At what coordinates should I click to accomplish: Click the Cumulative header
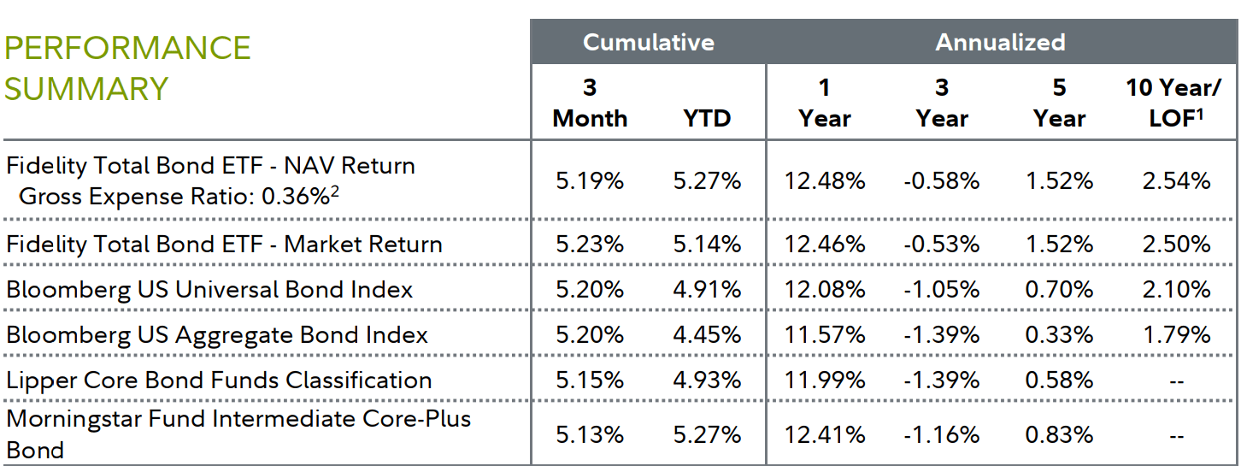[x=648, y=43]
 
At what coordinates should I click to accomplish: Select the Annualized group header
[x=1000, y=43]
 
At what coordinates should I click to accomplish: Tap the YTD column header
[x=707, y=118]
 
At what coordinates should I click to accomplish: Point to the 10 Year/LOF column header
[x=1175, y=103]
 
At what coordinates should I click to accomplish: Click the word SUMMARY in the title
[x=86, y=89]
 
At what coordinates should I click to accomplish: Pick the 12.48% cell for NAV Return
[x=825, y=181]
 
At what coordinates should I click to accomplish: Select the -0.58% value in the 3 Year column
[x=941, y=181]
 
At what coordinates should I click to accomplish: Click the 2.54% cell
[x=1176, y=181]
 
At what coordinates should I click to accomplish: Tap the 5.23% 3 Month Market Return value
[x=590, y=245]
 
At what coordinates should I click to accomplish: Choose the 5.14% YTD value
[x=707, y=245]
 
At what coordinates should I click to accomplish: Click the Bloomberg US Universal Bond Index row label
[x=209, y=290]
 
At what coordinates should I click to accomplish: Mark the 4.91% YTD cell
[x=707, y=290]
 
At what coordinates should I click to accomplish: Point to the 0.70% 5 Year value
[x=1059, y=290]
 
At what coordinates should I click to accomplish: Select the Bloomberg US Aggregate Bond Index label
[x=217, y=335]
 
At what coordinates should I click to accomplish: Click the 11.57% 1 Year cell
[x=825, y=335]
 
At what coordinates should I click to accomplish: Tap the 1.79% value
[x=1176, y=335]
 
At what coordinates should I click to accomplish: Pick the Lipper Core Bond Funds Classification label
[x=219, y=380]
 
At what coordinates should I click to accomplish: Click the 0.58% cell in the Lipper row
[x=1059, y=380]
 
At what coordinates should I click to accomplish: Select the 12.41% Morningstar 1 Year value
[x=825, y=435]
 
